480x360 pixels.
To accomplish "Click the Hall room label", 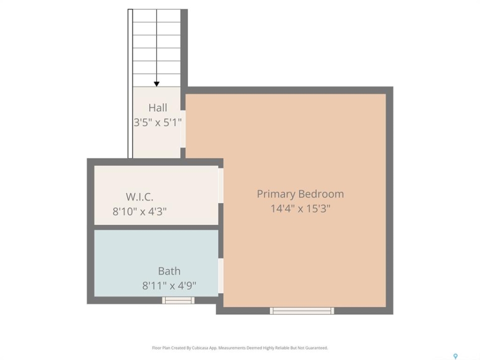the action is point(157,108).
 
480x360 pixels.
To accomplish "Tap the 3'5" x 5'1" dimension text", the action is point(157,123).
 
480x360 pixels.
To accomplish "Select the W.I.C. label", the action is point(139,197).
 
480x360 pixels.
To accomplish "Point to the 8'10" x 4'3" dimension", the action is point(139,211).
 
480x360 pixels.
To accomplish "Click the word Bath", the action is point(169,271).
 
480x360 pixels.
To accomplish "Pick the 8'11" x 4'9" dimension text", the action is point(169,286).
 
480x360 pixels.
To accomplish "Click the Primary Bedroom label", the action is point(300,194).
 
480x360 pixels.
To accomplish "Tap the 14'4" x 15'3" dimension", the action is point(300,209).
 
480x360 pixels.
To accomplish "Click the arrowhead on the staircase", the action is point(156,84).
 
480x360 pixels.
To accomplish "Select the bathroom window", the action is point(178,300).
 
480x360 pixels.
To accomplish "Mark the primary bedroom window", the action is point(302,310).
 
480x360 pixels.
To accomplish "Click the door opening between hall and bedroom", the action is point(183,129).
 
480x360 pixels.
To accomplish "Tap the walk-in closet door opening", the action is point(220,185).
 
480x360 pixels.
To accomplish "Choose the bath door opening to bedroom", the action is point(220,276).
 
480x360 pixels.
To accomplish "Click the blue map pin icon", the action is point(455,356).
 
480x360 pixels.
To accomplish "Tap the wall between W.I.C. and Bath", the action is point(156,227).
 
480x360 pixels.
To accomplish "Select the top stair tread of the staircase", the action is point(156,15).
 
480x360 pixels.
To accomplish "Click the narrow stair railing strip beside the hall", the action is point(130,83).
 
